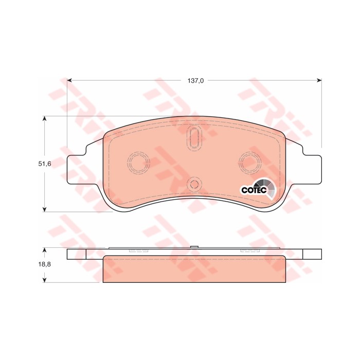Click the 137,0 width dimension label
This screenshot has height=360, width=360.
point(195,81)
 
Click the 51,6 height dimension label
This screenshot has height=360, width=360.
point(45,164)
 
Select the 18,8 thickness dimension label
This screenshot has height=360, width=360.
point(45,264)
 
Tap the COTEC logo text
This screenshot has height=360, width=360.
point(254,190)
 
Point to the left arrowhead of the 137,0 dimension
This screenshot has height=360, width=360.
point(69,80)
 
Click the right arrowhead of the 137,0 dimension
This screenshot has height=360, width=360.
point(319,80)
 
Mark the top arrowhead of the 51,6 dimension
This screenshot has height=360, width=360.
point(45,118)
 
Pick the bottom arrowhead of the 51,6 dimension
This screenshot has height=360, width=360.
point(45,209)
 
